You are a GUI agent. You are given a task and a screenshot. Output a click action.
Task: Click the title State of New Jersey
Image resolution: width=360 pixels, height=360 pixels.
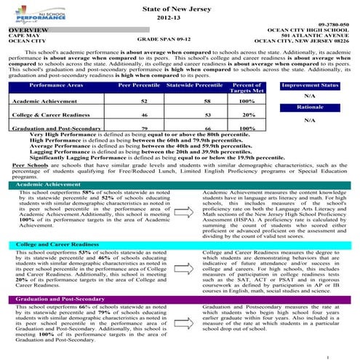point(180,7)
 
